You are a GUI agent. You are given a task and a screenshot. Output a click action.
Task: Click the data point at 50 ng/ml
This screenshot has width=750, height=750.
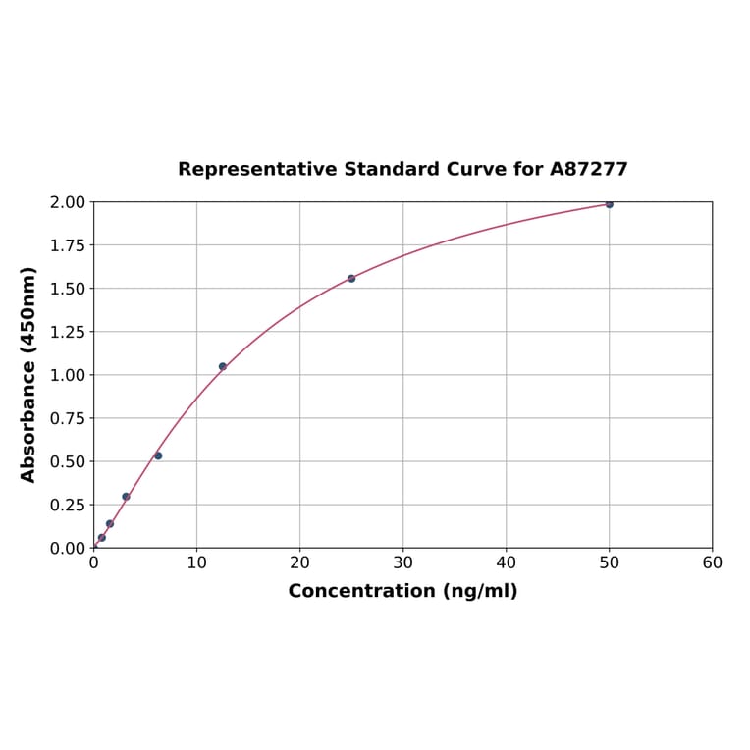[x=609, y=204]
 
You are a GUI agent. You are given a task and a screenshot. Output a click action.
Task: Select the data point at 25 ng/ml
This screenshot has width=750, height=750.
[x=351, y=279]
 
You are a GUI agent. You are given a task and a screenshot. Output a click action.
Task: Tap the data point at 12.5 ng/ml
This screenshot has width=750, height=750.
[x=223, y=366]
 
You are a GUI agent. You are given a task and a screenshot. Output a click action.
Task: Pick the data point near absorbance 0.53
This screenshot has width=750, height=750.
[x=158, y=455]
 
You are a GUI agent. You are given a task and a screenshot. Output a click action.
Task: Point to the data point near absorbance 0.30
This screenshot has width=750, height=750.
[x=126, y=497]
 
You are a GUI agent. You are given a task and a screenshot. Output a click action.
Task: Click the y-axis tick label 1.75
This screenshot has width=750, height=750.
[x=68, y=245]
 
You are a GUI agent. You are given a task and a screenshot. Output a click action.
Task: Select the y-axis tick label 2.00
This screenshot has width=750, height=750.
[x=68, y=202]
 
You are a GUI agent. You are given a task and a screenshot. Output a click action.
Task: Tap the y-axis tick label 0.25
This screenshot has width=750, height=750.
[x=68, y=505]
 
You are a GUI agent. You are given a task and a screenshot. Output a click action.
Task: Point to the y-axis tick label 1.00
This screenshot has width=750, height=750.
[x=68, y=375]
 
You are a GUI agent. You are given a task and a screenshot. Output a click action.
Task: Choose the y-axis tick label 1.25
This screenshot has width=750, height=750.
[x=68, y=332]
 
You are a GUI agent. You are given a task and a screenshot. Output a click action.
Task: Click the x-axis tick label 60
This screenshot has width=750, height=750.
[x=712, y=563]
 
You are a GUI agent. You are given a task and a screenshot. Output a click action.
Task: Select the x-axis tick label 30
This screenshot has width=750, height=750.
[x=402, y=563]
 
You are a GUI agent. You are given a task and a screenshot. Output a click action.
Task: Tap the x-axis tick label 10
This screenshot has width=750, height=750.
[x=196, y=563]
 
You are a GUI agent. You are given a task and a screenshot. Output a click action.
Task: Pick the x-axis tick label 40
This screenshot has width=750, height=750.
[x=506, y=563]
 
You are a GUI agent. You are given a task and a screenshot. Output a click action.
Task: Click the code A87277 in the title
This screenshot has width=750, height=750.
[x=588, y=170]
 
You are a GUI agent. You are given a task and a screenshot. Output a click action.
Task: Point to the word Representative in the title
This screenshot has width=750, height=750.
[x=258, y=170]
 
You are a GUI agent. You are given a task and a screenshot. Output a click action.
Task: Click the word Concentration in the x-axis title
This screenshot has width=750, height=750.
[x=360, y=592]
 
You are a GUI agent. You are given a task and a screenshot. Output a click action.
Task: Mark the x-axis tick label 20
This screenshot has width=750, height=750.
[x=299, y=563]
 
